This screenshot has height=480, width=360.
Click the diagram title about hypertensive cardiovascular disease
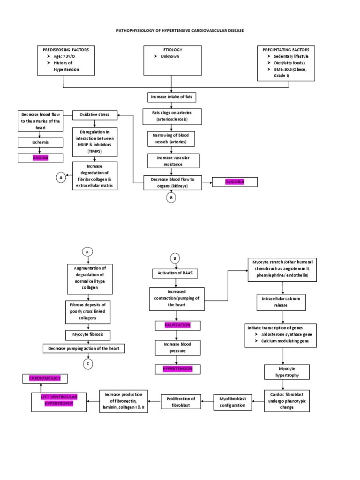coord(180,30)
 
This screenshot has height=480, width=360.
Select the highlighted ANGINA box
coord(41,157)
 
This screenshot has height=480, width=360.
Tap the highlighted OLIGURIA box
coord(235,181)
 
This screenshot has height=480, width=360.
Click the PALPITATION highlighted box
coord(177,325)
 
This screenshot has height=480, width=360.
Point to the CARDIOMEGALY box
coord(45,378)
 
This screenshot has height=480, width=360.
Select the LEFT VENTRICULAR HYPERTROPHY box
coord(59,401)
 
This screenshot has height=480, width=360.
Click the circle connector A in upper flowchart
coord(60,177)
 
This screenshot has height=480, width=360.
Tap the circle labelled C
coord(87,363)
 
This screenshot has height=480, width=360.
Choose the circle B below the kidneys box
coord(172,198)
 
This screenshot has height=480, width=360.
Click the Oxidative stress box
coord(94,115)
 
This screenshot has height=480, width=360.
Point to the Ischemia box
coord(40,142)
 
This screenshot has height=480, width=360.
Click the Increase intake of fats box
coord(171,97)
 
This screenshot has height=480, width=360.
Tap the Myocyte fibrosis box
coord(87,335)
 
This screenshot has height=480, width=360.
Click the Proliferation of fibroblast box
coord(181,401)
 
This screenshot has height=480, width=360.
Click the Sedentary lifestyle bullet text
coord(291,56)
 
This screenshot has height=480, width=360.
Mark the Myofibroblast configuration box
coord(232,401)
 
